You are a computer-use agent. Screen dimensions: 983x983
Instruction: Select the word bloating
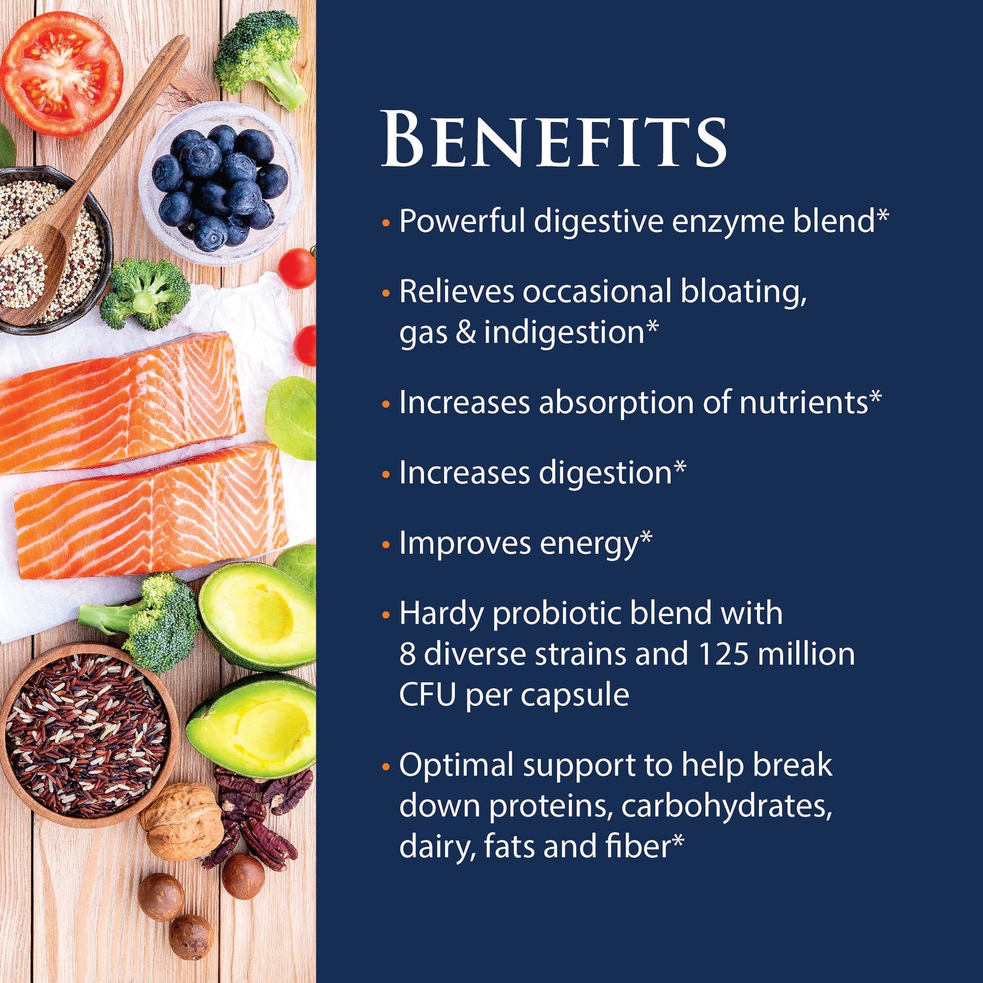743,292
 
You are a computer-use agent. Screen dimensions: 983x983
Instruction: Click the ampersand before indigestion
465,332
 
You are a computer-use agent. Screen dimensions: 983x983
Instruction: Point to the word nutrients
803,402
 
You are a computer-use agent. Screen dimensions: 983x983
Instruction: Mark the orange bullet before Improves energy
386,545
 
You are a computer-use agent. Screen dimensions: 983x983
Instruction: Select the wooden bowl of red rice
88,734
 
